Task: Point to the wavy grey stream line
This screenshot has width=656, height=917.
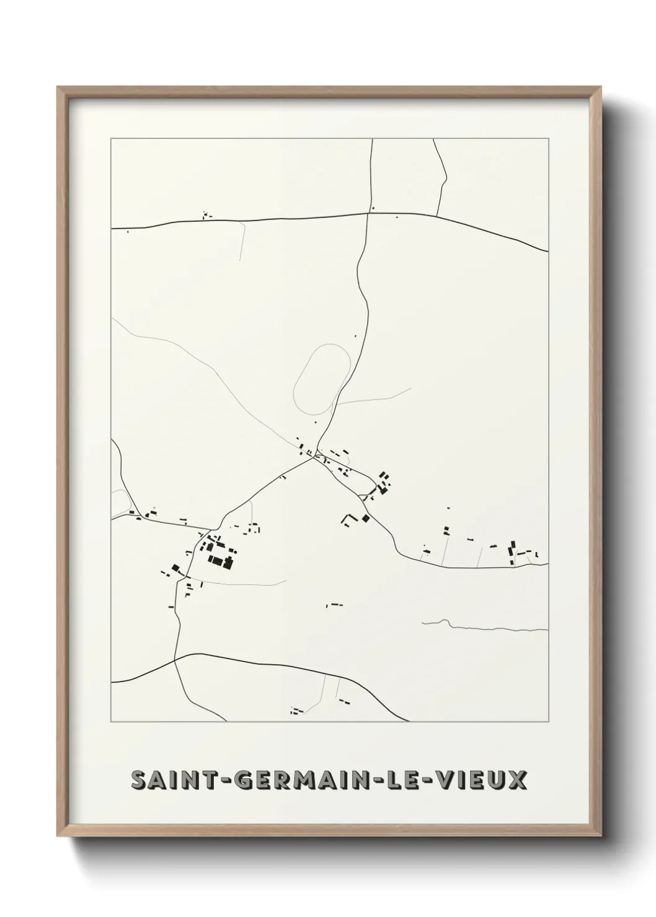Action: pos(484,627)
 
